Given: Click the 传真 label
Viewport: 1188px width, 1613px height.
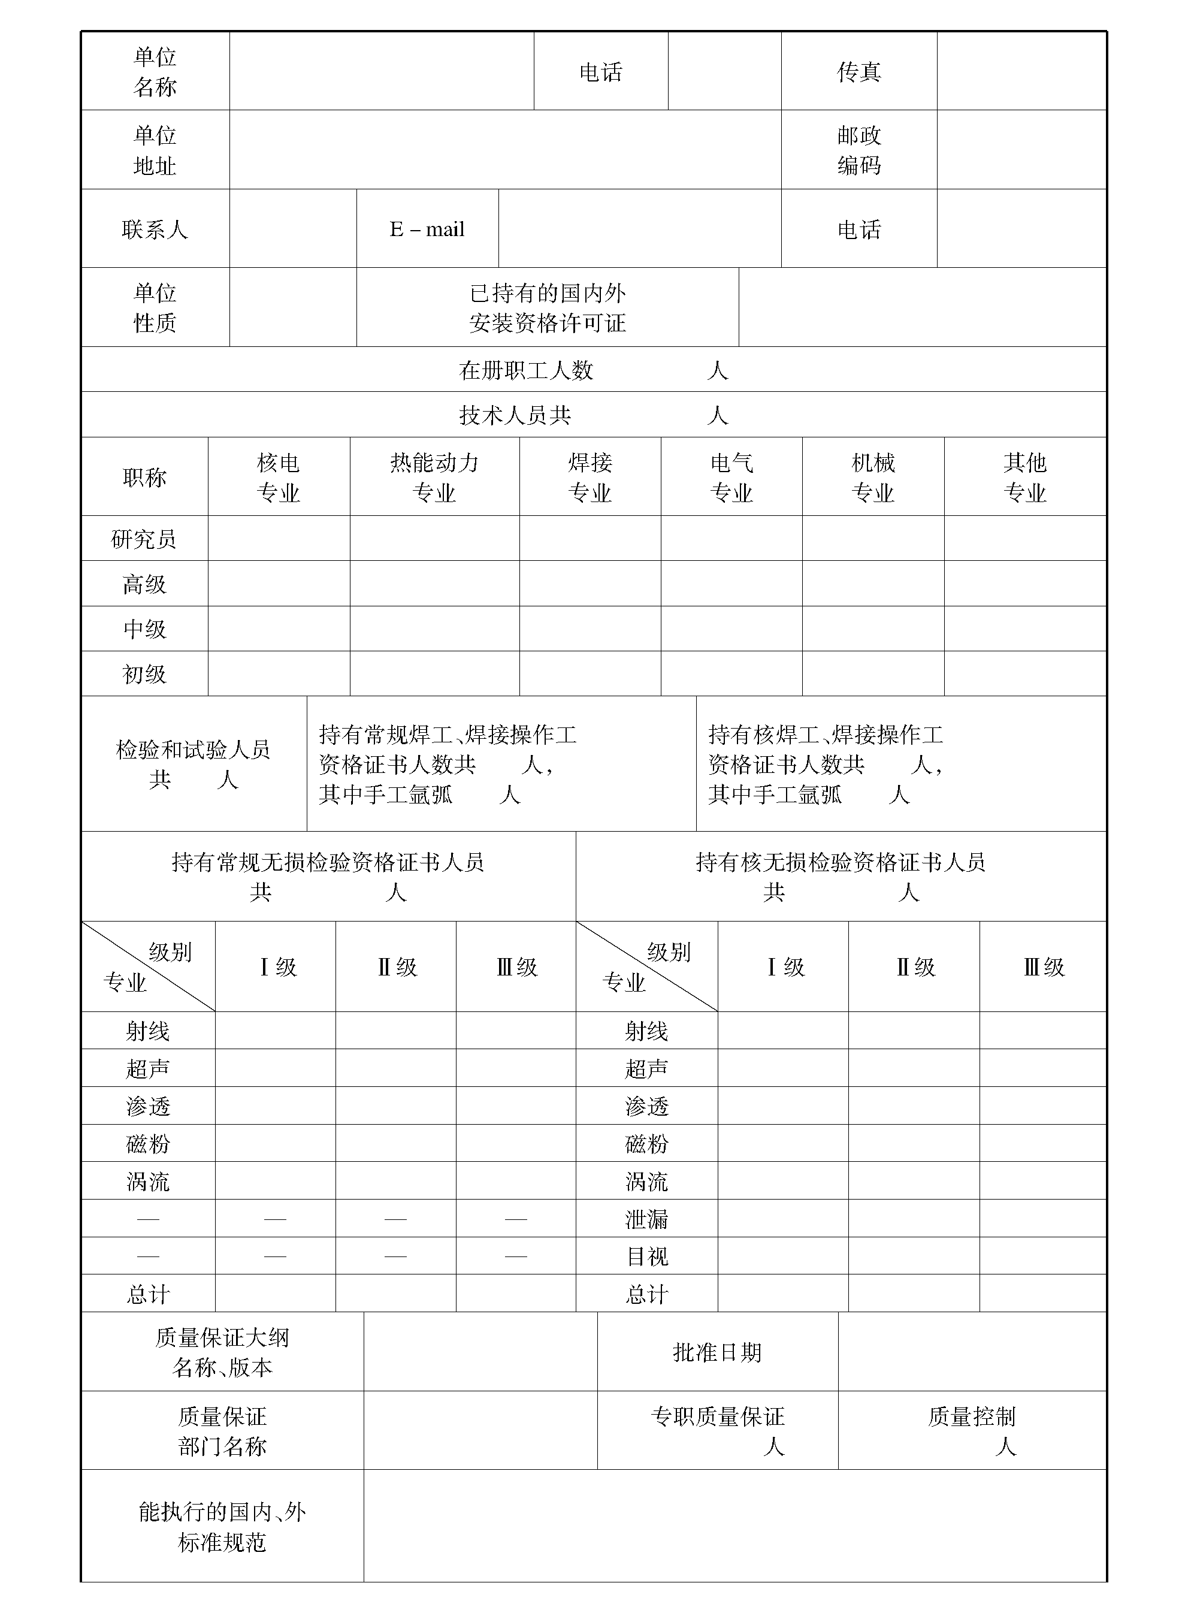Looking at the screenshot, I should (858, 72).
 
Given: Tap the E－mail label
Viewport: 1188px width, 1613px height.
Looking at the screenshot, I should (427, 229).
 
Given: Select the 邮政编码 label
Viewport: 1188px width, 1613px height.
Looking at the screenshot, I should (858, 150).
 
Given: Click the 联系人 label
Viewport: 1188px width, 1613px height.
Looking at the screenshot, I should (155, 229).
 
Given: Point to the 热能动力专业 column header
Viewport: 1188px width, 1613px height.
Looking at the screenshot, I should (434, 478).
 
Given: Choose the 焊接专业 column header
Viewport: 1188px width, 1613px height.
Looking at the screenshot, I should (590, 478).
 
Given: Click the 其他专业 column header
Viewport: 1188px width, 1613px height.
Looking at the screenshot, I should (1025, 478).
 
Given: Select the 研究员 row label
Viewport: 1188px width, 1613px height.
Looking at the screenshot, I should (144, 539).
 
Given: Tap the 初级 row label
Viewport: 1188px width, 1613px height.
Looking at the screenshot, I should (144, 675).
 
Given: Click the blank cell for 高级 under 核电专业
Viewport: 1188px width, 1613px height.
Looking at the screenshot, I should (279, 584).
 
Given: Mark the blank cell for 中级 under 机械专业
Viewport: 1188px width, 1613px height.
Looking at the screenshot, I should (873, 629).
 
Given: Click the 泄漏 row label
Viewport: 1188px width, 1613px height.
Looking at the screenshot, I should (646, 1219).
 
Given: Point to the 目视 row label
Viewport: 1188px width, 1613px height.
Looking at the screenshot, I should (646, 1256).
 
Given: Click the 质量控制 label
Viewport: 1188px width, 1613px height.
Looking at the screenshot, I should (972, 1416).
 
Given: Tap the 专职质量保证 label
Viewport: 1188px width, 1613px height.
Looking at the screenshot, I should (717, 1416).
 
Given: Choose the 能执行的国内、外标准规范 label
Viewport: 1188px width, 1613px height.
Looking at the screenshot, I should (222, 1527).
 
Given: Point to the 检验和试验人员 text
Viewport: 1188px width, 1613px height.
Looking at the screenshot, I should (193, 750).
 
